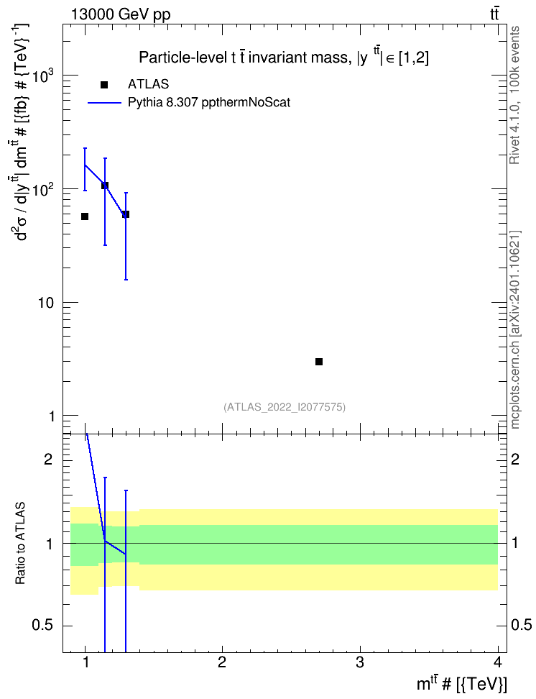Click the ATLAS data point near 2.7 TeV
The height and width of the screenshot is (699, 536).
pos(318,362)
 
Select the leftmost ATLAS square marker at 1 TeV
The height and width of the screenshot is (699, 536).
pos(85,216)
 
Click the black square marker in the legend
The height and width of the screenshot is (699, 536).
pos(104,85)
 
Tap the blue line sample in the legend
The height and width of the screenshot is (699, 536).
pos(104,103)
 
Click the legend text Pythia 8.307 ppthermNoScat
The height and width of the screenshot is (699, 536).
pos(209,103)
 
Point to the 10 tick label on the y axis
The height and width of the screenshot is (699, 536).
pos(45,303)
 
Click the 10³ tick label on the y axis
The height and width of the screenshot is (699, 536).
pos(44,75)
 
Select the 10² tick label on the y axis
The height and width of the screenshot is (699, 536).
pos(44,188)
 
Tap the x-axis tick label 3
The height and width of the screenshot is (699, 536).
pos(359,662)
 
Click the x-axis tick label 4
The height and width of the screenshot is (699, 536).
pos(498,662)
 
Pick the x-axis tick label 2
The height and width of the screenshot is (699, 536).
pos(222,662)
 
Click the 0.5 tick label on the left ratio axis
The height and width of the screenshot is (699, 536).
pos(42,626)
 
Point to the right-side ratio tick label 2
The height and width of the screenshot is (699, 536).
pos(515,459)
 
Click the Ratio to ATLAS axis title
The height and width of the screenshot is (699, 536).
pos(20,544)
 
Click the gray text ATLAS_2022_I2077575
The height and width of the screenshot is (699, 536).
pos(285,407)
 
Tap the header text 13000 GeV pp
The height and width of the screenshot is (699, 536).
pos(121,15)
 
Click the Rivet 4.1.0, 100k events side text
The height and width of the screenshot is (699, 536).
pos(514,95)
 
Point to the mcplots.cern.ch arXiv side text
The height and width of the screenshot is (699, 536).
pos(514,330)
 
